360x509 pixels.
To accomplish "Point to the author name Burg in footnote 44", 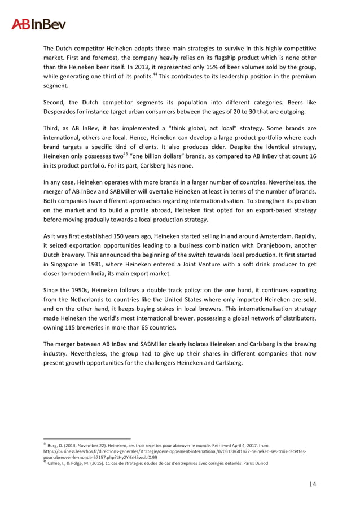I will (55, 445).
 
